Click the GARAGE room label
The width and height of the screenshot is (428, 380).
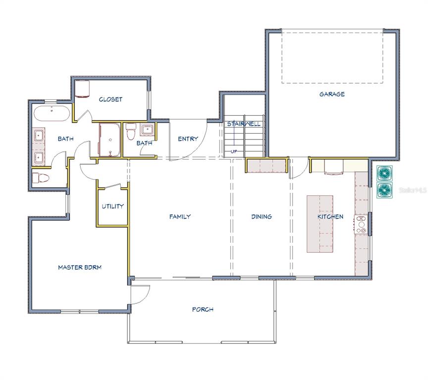(x=332, y=94)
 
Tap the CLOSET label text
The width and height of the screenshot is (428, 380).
(x=110, y=99)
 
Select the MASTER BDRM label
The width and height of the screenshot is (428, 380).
(x=80, y=267)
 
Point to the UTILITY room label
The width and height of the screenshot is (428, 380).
(x=113, y=206)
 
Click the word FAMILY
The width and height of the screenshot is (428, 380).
(x=180, y=216)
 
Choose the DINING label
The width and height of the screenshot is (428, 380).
(x=262, y=216)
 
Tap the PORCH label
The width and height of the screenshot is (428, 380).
(x=203, y=309)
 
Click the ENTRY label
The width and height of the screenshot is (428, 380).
(x=188, y=139)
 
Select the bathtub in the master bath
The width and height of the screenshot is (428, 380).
(x=52, y=114)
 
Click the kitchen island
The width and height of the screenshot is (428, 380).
(x=320, y=224)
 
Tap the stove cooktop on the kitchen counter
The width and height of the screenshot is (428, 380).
(x=361, y=225)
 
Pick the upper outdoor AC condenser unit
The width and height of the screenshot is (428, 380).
(x=384, y=173)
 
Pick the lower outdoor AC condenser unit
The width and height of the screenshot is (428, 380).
(x=384, y=190)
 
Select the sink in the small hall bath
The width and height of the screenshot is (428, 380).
(x=148, y=129)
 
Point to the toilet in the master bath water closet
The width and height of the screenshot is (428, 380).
(x=41, y=178)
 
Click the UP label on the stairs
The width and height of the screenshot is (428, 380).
(x=234, y=151)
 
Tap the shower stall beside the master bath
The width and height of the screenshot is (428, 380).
(x=109, y=140)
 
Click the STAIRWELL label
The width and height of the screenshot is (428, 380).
(x=244, y=124)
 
